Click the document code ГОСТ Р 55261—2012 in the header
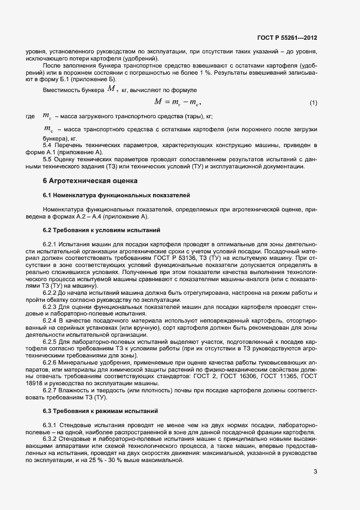(287, 38)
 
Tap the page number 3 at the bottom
(315, 472)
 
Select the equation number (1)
(313, 103)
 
